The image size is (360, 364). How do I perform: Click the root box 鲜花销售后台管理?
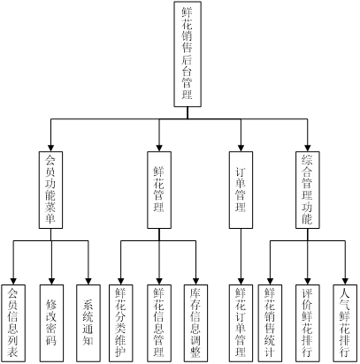[188, 54]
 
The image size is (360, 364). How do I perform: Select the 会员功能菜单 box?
[50, 190]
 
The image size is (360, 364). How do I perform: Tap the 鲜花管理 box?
[159, 190]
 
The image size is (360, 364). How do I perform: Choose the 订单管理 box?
[241, 190]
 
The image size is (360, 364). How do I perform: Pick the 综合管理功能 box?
[308, 190]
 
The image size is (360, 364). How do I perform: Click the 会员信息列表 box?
[13, 323]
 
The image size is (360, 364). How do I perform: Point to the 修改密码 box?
[51, 323]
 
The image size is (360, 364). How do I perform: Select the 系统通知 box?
[88, 323]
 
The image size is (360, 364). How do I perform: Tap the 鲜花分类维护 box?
[121, 323]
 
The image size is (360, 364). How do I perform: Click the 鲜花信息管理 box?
[159, 323]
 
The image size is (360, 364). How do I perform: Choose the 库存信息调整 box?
[195, 323]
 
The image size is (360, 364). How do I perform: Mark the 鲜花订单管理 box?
[241, 323]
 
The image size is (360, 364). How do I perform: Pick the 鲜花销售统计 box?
[270, 323]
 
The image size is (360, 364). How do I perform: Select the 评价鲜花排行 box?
[308, 323]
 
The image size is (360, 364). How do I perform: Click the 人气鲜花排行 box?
[345, 323]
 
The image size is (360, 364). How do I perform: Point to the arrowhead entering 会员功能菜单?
[50, 148]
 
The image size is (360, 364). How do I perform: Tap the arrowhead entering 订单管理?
[241, 148]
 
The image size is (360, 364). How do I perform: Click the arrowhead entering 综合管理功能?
[308, 148]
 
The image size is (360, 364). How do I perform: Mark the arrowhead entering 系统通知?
[88, 281]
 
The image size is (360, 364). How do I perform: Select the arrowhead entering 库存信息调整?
[195, 281]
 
